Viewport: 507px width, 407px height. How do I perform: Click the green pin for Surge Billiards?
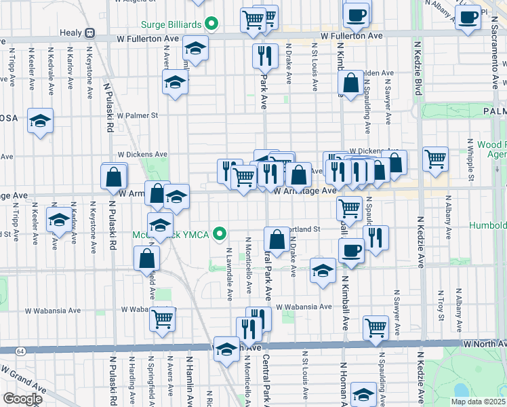211,24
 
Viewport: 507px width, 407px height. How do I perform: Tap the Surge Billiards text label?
171,24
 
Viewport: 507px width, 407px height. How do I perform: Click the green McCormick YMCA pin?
219,235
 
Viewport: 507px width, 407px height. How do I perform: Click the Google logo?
22,398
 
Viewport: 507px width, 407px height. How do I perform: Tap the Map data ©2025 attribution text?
478,402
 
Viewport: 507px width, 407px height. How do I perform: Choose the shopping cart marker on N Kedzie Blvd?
435,159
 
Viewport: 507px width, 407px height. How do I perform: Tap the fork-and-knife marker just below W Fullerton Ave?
265,56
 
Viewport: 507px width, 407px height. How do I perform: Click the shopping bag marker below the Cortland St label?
277,239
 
